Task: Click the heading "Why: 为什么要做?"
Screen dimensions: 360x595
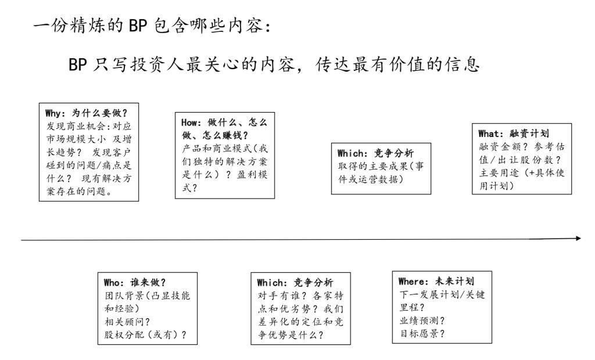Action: (x=86, y=113)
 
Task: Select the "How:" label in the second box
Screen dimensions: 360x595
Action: (x=191, y=123)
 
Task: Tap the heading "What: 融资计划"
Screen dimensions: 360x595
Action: (x=514, y=134)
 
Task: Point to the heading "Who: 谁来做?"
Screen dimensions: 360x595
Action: (x=135, y=283)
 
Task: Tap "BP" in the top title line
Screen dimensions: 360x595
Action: (x=138, y=27)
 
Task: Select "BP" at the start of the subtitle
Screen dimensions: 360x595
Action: (x=77, y=64)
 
